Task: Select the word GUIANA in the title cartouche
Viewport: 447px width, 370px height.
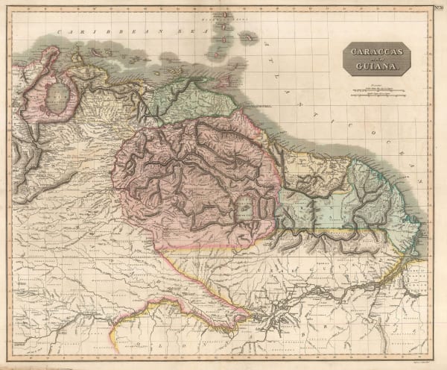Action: [375, 67]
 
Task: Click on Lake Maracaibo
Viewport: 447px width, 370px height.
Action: [56, 97]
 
